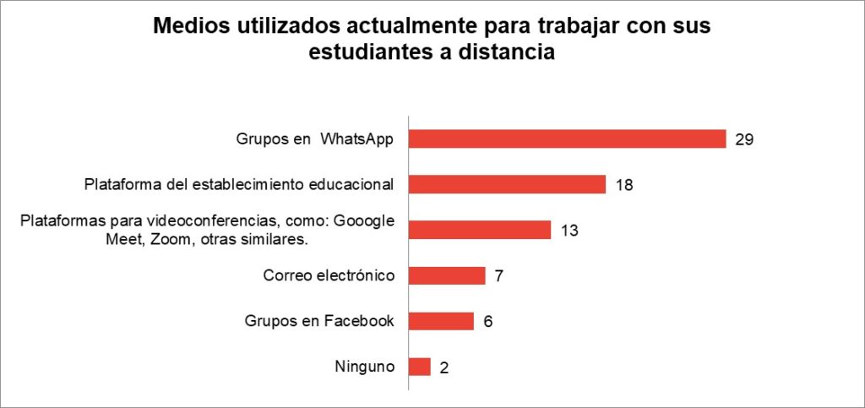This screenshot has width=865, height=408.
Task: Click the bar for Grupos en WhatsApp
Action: click(567, 139)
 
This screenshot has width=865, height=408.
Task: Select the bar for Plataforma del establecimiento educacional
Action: click(507, 184)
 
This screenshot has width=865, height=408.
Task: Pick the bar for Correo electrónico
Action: click(447, 275)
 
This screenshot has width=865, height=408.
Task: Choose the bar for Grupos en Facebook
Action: click(441, 321)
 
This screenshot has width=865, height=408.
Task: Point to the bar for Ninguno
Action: click(420, 367)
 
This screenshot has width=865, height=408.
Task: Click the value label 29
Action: click(744, 139)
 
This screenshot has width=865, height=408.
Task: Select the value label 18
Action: click(623, 185)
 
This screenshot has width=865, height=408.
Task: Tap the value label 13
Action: click(569, 231)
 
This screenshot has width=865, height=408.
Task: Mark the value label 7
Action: click(499, 276)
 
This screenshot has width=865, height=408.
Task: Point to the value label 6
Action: click(488, 322)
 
